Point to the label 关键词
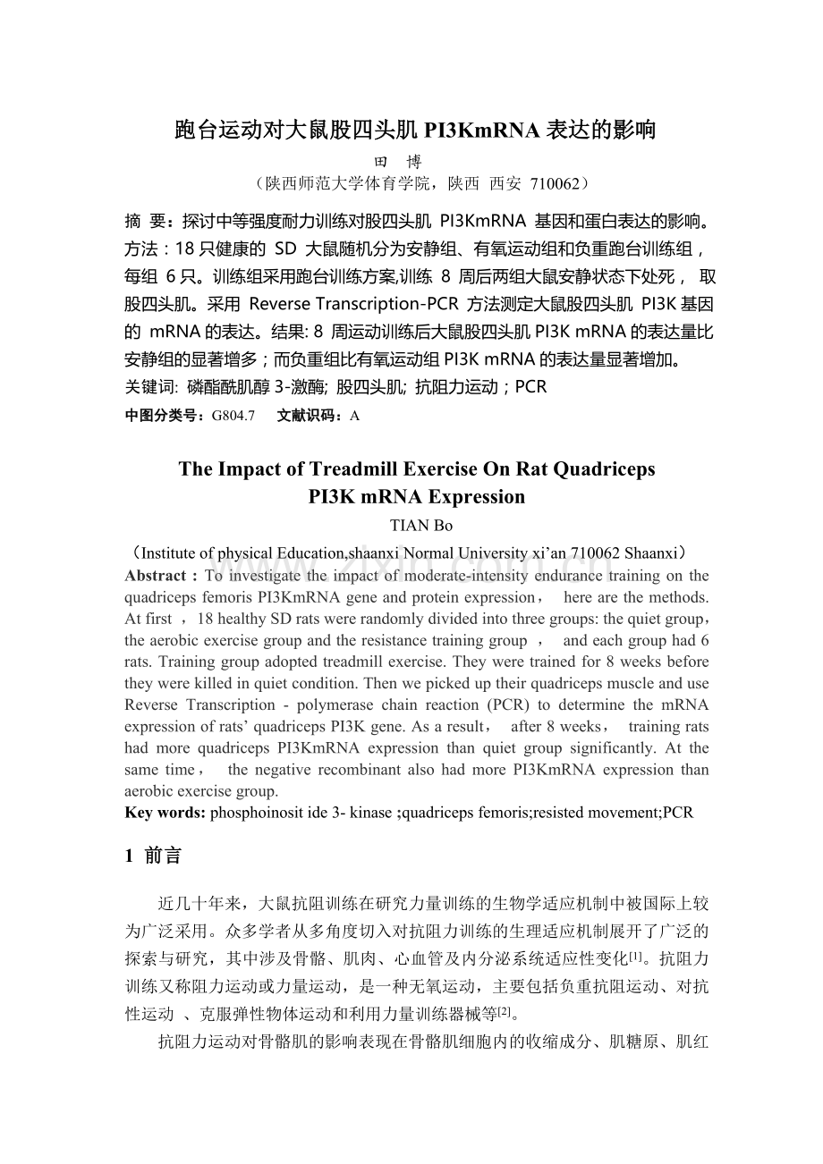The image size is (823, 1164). pos(150,387)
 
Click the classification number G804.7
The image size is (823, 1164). pos(233,416)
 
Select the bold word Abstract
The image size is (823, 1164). pos(154,576)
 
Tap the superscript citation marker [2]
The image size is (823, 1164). pos(505,1010)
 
